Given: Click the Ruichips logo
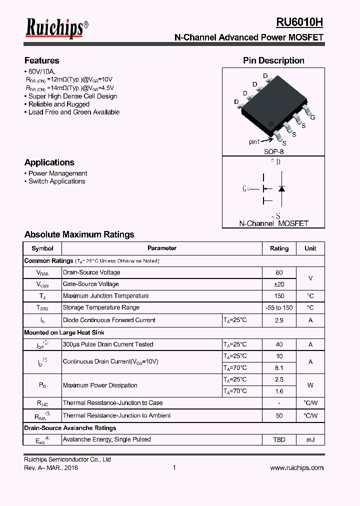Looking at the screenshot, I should (56, 28).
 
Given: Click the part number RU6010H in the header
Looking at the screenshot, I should (299, 22).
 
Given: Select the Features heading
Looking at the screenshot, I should (41, 60).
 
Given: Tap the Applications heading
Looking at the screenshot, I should (49, 162).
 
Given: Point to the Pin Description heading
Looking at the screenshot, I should (273, 60).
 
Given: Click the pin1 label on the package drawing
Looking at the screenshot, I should (255, 141).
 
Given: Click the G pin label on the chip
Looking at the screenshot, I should (312, 117).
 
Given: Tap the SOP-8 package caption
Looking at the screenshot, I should (273, 151).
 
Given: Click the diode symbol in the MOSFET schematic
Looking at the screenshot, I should (281, 188).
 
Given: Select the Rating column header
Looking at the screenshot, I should (279, 248).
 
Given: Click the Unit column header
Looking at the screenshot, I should (310, 248).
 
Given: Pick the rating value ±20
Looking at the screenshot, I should (279, 284).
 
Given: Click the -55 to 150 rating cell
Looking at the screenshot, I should (279, 308).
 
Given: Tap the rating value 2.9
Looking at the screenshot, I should (279, 320).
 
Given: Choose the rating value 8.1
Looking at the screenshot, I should (279, 367).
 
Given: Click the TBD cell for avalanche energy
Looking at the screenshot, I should (279, 439).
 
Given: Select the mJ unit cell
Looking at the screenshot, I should (310, 439).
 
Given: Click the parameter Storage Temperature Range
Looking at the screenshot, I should (101, 308).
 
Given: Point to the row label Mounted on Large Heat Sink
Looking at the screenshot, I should (64, 332).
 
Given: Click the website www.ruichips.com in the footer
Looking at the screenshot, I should (296, 468).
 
